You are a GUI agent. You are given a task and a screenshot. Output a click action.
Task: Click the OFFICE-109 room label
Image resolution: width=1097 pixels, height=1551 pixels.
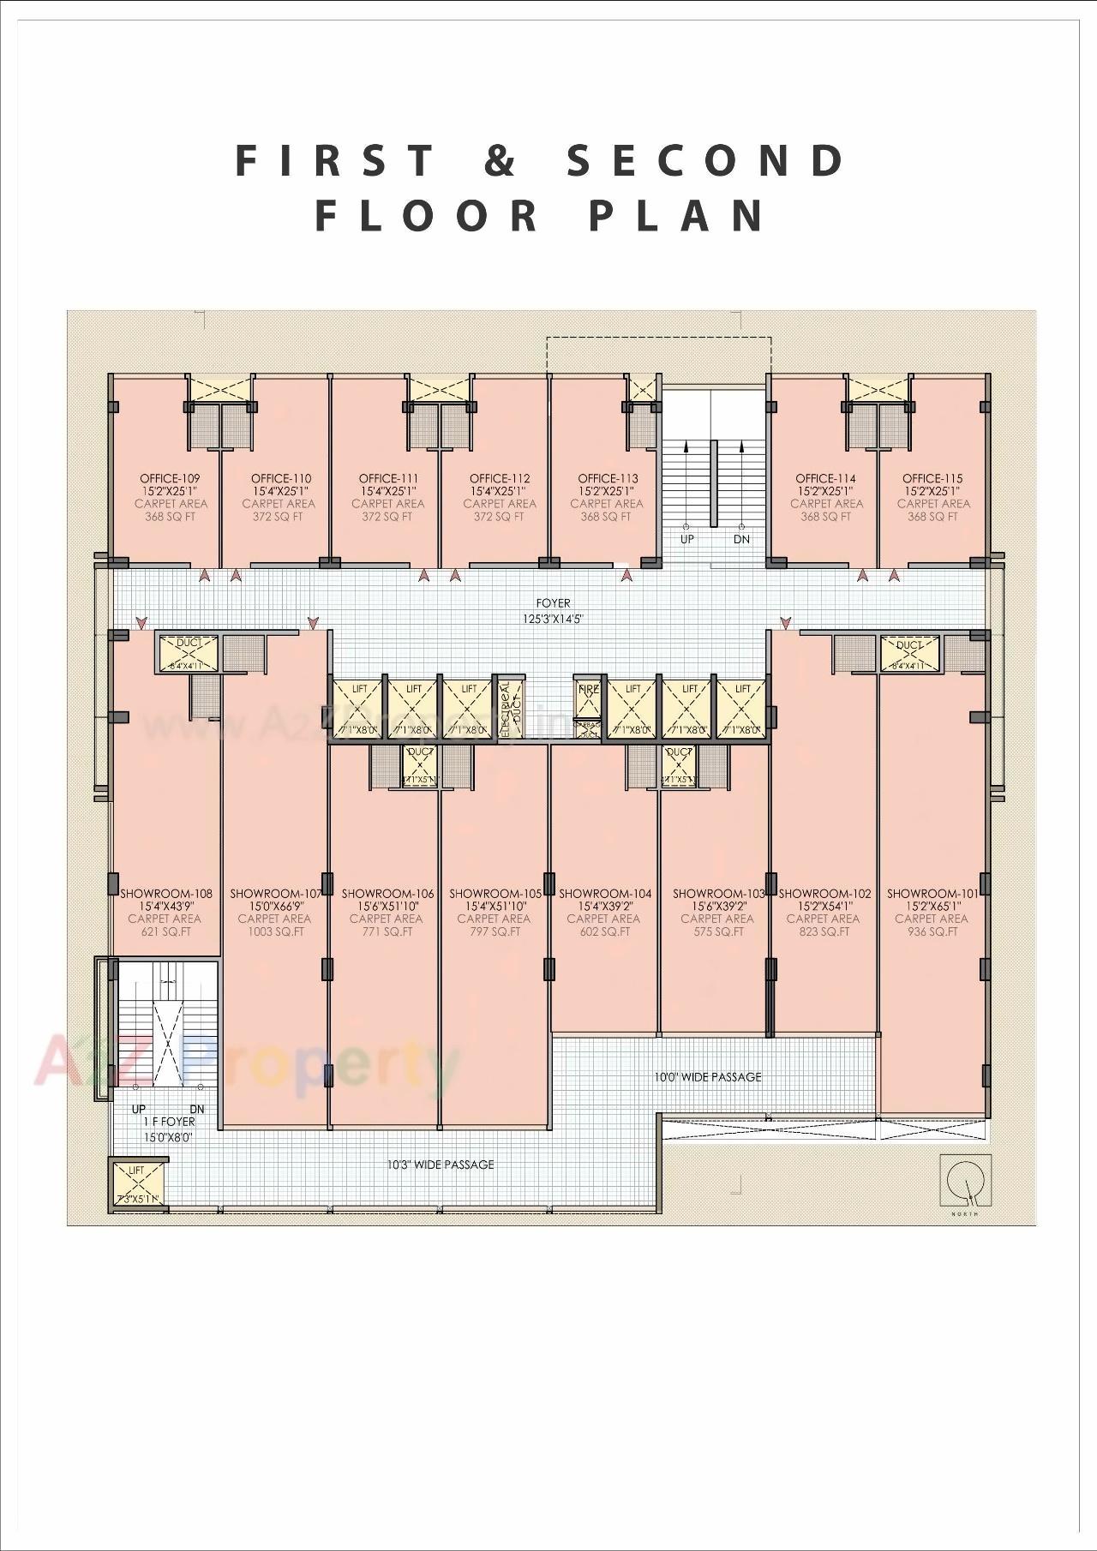tap(170, 478)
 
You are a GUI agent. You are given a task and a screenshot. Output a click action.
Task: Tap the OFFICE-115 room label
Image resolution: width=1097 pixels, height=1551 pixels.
tap(932, 478)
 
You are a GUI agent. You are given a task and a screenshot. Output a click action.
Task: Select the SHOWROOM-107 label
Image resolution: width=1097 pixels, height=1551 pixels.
tap(275, 893)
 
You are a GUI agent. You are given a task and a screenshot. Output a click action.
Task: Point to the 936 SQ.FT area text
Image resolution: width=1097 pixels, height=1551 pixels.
tap(931, 931)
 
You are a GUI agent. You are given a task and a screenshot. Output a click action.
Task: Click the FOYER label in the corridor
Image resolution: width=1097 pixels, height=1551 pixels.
tap(553, 603)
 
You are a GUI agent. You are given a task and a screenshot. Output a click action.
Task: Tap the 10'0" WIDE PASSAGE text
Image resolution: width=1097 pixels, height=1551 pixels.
tap(707, 1076)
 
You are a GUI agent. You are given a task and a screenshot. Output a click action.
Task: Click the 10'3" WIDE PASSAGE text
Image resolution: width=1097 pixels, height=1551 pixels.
tap(440, 1165)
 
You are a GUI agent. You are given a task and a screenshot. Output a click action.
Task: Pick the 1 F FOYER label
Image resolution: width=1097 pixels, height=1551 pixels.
tap(169, 1122)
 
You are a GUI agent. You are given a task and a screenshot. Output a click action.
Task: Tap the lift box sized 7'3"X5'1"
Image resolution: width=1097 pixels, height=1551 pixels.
tap(136, 1183)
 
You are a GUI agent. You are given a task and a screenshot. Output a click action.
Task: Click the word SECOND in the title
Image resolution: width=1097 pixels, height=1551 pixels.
tap(706, 160)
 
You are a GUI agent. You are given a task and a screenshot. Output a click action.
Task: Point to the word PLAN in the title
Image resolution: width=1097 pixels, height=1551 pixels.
tap(677, 215)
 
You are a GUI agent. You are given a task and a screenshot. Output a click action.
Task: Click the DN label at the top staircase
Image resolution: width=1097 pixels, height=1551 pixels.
tap(741, 539)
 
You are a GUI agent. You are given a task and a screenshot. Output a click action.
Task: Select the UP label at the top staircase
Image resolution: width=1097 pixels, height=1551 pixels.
tap(686, 539)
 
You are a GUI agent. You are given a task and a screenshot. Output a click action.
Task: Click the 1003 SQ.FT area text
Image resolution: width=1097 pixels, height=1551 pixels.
tap(276, 931)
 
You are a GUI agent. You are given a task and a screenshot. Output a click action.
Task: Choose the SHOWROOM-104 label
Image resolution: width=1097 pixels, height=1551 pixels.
tap(605, 893)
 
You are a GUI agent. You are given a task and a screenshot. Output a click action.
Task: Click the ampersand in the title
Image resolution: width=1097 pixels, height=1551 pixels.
tap(501, 160)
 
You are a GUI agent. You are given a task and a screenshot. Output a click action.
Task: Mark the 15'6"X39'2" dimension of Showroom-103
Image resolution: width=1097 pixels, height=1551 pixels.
tap(717, 906)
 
